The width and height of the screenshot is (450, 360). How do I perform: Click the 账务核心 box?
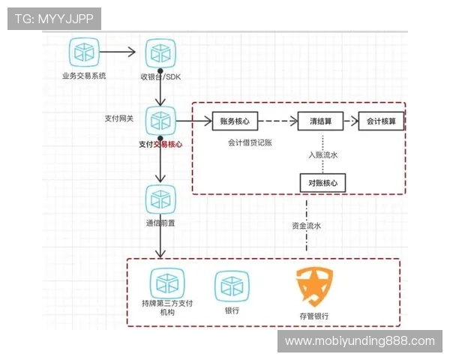coord(235,121)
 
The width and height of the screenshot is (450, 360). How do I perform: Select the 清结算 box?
coord(320,121)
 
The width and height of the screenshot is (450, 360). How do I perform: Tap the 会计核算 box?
coord(381,121)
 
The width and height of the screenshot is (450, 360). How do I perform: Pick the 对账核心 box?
coord(322,182)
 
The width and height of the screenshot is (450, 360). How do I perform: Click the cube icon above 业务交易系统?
coord(84,52)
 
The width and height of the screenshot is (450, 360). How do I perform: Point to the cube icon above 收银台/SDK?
coord(160,52)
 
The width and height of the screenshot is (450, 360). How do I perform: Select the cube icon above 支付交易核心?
coord(160,120)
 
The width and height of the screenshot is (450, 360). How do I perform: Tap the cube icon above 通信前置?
coord(160,199)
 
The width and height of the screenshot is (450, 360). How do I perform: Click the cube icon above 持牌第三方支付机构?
coord(166,283)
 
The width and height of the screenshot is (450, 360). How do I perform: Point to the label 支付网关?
coord(118,118)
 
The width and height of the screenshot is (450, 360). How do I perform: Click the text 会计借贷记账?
coord(250,141)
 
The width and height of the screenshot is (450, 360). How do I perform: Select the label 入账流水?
coord(323,155)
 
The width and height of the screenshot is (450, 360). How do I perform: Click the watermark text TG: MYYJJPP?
coord(53,18)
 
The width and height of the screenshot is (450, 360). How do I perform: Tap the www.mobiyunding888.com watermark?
coord(360,341)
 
